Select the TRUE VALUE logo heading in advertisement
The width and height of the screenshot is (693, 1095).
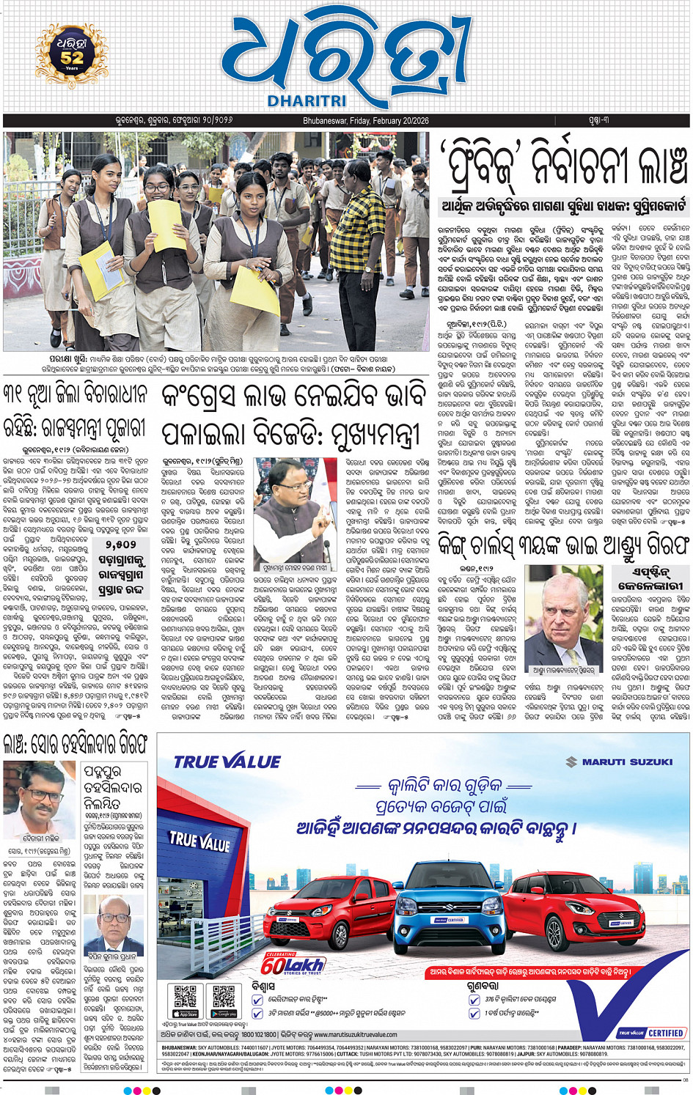227,762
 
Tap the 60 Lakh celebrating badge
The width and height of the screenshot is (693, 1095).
291,963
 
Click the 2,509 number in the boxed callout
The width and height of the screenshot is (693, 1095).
120,545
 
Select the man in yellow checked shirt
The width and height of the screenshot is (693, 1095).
364,245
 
